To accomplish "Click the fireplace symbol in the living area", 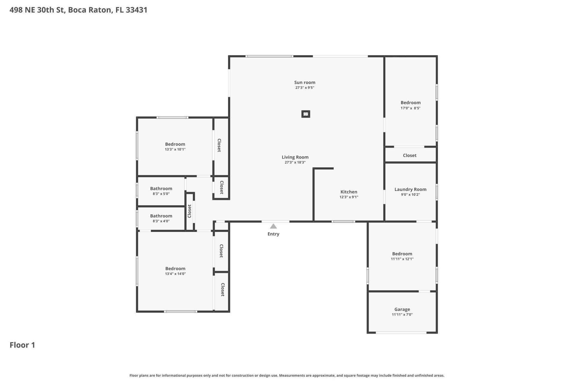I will (x=306, y=114).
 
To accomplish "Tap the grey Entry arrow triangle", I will (x=273, y=227).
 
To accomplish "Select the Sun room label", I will (x=305, y=83).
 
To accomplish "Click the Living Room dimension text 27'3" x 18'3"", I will (x=295, y=162).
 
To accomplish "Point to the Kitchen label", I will (x=349, y=192).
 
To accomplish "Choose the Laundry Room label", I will (x=410, y=189).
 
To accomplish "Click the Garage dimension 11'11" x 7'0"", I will (x=402, y=314).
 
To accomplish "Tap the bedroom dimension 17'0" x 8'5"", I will (x=410, y=108).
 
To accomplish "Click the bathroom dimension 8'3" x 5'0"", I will (x=161, y=194).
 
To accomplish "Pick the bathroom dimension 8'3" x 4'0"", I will (x=161, y=221).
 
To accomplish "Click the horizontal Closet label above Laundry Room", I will (x=409, y=155).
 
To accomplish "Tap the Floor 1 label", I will (x=22, y=345).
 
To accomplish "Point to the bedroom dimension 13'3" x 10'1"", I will (x=175, y=149).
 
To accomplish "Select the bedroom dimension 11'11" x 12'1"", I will (x=402, y=259).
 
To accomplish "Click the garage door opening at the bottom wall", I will (x=401, y=332).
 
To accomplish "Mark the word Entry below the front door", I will (x=273, y=234).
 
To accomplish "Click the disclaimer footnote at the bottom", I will (x=287, y=375).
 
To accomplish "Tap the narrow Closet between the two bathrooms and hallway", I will (x=190, y=211).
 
